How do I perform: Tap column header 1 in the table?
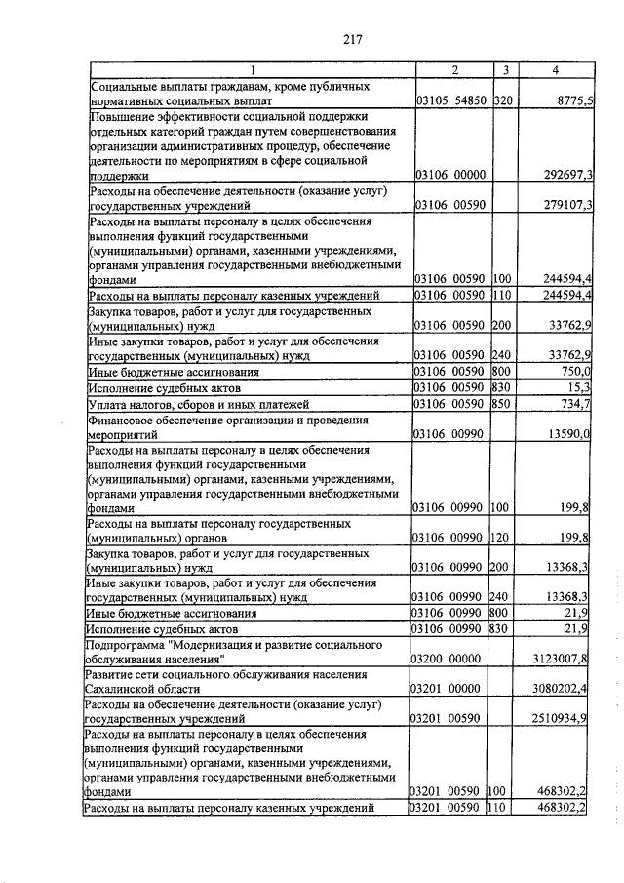[x=252, y=70]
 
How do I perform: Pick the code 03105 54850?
[x=452, y=100]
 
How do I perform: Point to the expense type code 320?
[x=504, y=100]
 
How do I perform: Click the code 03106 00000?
[x=452, y=175]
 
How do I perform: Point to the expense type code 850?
[x=504, y=404]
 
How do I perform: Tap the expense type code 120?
[x=504, y=538]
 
